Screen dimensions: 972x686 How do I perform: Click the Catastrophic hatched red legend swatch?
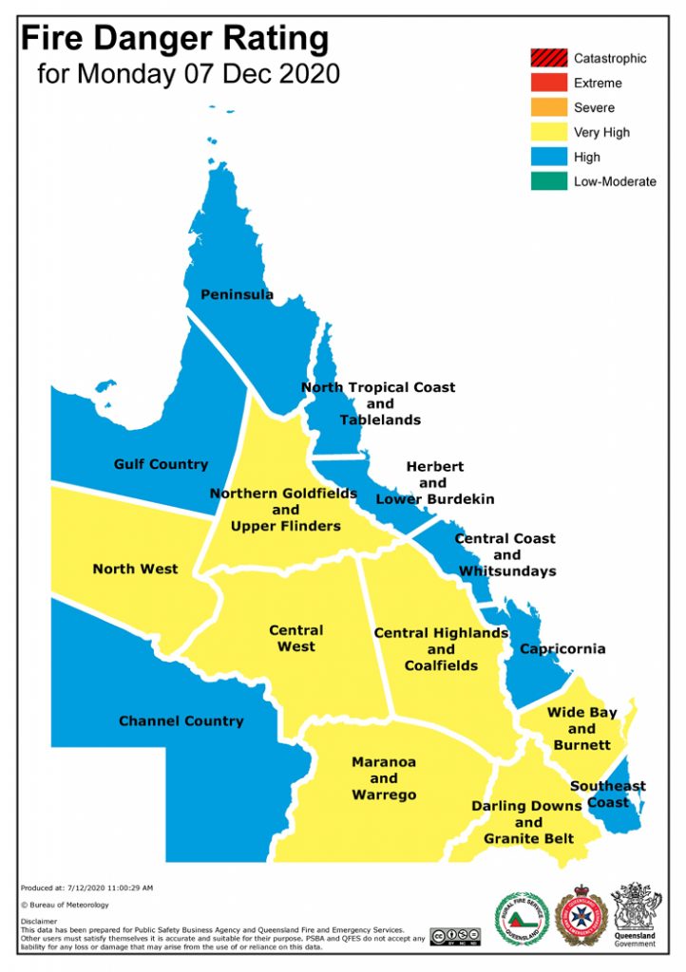pyautogui.click(x=548, y=58)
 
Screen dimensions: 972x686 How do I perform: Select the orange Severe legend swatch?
pyautogui.click(x=548, y=107)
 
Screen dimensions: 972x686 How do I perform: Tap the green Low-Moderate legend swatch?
pyautogui.click(x=548, y=181)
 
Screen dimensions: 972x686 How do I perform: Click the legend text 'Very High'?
pyautogui.click(x=601, y=133)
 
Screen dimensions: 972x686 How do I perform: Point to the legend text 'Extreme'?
pyautogui.click(x=598, y=84)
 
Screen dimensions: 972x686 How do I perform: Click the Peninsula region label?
pyautogui.click(x=237, y=294)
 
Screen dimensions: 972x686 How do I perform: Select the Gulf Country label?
pyautogui.click(x=161, y=464)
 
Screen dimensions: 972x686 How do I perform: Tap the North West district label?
pyautogui.click(x=135, y=569)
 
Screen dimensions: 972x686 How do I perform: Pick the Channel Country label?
pyautogui.click(x=181, y=720)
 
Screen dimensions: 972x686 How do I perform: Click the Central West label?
pyautogui.click(x=295, y=638)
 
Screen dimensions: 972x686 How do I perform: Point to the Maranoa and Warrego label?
pyautogui.click(x=384, y=778)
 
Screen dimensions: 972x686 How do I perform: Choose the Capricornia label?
pyautogui.click(x=562, y=649)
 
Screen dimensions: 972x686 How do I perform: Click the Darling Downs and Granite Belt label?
pyautogui.click(x=528, y=822)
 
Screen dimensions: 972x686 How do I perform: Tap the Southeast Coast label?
pyautogui.click(x=608, y=794)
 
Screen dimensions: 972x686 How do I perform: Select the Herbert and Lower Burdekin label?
pyautogui.click(x=435, y=482)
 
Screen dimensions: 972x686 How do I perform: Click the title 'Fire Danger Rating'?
pyautogui.click(x=175, y=40)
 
